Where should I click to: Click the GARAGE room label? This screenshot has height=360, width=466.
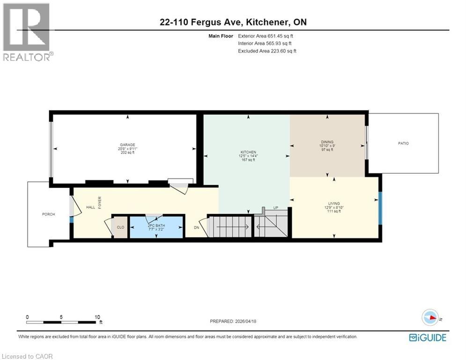coord(124,144)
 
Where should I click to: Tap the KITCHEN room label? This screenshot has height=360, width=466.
coord(248,152)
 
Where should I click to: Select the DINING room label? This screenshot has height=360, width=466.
coord(327,141)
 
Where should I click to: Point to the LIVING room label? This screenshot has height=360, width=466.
coord(333,203)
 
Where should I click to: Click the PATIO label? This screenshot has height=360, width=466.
coord(403,143)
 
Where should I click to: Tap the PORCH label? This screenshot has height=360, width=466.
coord(48,214)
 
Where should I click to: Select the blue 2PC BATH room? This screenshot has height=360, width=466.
coord(156,227)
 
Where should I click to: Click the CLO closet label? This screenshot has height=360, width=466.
coord(120,227)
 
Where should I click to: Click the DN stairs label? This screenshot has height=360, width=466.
coord(197,227)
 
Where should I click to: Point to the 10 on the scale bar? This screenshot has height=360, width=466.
coord(96,317)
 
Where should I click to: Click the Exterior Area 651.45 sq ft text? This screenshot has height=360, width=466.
coord(266,36)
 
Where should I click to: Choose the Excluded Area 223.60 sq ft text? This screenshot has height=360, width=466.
coord(267,51)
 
